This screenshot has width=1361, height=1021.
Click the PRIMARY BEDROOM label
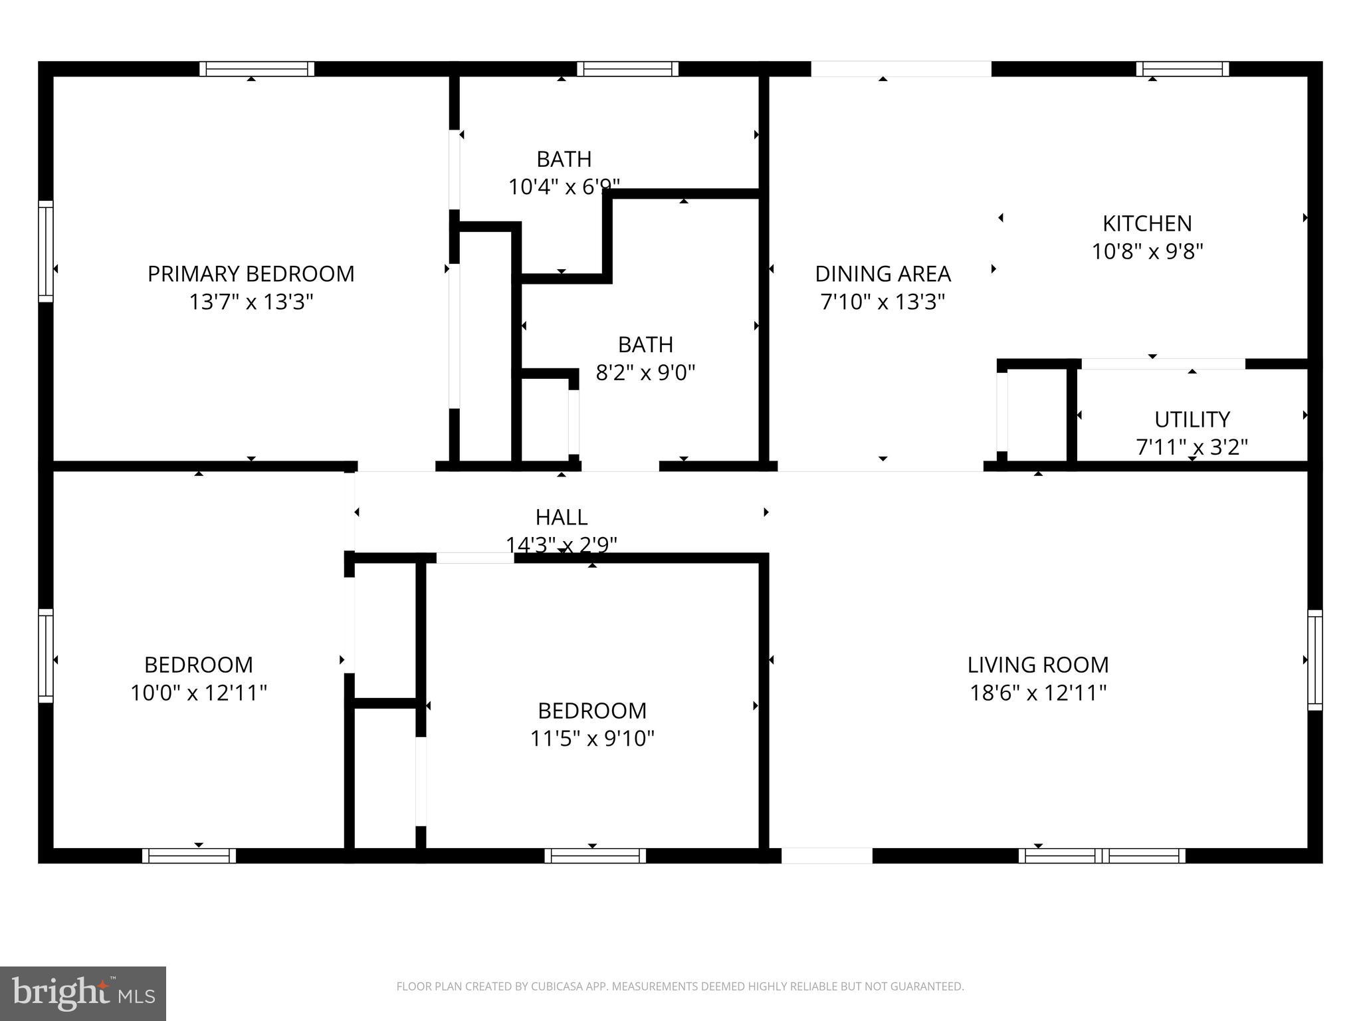coord(251,273)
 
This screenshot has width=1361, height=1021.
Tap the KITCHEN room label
coord(1147,223)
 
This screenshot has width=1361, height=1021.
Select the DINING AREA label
coord(883,273)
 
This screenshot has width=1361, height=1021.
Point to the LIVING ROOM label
coord(1037,664)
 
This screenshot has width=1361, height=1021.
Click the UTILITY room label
coord(1192,419)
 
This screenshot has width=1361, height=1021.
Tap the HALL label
coord(562,516)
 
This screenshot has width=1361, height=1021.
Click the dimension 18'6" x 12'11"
coord(1037,693)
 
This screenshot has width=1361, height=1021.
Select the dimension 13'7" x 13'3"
coord(251,302)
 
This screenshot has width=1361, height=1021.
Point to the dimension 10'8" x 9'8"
coord(1147,251)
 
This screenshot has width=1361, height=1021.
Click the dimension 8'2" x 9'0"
coord(645,372)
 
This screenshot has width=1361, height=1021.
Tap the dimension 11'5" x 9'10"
coord(592,738)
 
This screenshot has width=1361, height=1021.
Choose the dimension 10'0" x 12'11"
coord(198,693)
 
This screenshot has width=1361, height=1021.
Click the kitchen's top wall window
coord(1182,69)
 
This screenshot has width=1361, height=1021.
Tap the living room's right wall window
coord(1314,660)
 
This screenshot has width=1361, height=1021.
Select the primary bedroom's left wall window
coord(45,251)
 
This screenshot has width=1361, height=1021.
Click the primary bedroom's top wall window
coord(257,69)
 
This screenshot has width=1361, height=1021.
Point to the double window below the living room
coord(1102,855)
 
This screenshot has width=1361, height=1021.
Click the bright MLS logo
coord(83,993)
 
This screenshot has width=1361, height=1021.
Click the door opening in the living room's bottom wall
coord(827,855)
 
